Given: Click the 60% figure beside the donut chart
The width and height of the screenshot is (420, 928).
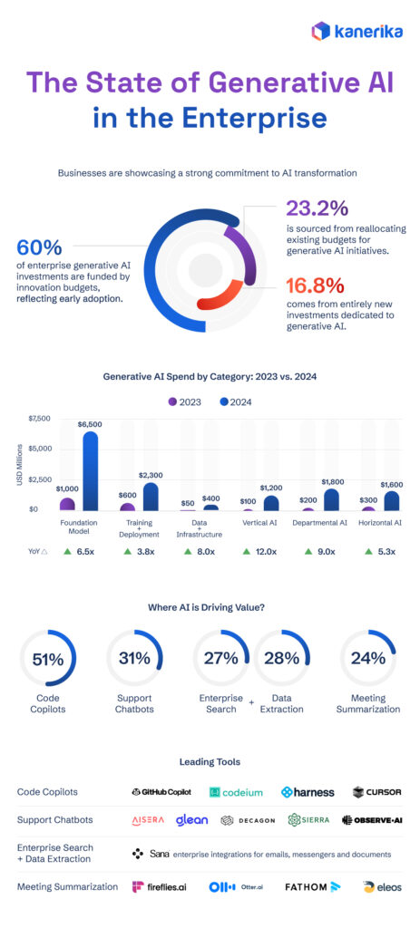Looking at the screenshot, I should tap(39, 247).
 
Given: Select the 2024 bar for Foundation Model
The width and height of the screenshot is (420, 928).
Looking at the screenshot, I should tap(90, 471).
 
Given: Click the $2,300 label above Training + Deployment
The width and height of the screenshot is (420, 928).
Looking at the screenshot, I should tap(151, 475).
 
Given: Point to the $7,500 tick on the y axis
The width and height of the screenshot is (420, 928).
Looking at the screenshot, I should tap(40, 419).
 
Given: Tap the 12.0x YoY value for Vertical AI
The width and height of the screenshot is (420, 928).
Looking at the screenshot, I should tap(270, 551).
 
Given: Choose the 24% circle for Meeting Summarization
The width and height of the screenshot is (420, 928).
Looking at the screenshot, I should tap(367, 659).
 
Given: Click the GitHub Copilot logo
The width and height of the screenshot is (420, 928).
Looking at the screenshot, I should tap(161, 791).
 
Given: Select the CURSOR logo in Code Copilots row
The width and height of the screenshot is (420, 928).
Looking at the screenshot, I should tap(377, 791).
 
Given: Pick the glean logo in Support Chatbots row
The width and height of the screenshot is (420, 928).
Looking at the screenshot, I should tap(191, 820).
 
